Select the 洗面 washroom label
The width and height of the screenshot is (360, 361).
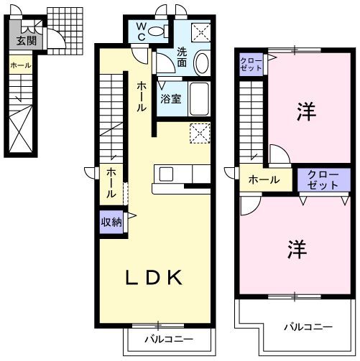tap(182, 57)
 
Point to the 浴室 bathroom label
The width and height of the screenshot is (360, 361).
tap(170, 99)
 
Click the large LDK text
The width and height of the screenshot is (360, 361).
tap(154, 278)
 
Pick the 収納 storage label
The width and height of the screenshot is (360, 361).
tap(111, 222)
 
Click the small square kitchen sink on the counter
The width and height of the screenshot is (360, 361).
tap(165, 174)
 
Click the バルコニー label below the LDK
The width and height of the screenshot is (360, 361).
tap(168, 338)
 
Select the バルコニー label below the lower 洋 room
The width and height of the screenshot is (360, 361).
tap(306, 327)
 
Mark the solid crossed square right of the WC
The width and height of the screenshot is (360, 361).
tap(200, 30)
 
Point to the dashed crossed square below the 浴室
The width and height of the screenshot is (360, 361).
tap(199, 133)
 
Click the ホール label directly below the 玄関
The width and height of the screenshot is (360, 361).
tap(19, 65)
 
